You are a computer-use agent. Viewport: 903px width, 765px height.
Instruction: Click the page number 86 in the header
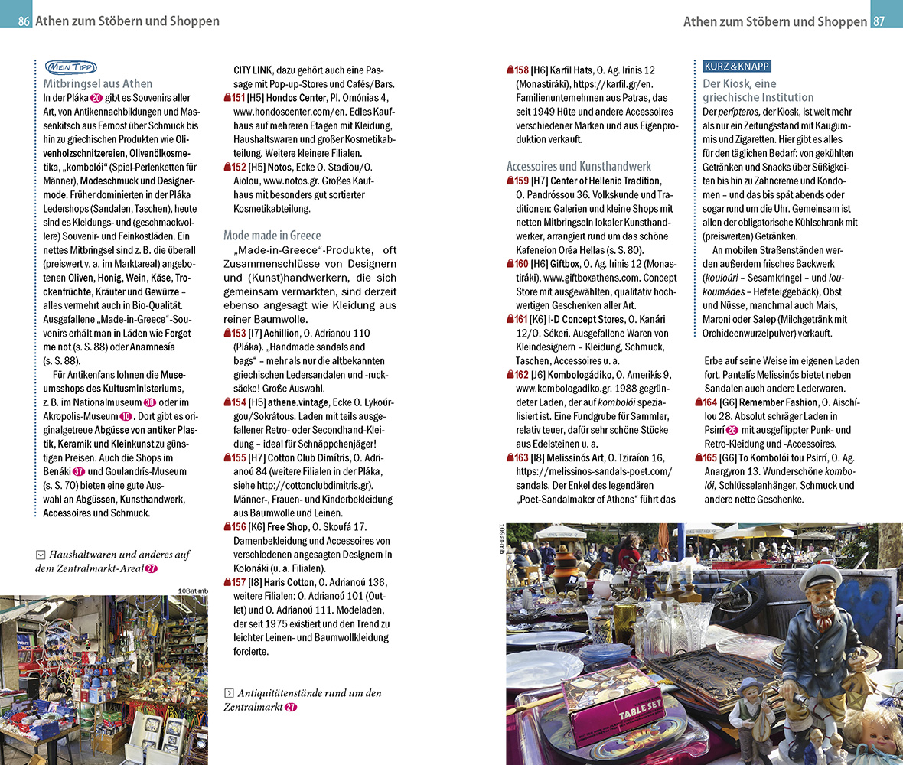click(x=24, y=21)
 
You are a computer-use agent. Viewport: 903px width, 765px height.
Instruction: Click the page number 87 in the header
click(x=879, y=21)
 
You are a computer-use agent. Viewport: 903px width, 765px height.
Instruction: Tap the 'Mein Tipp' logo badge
click(x=70, y=67)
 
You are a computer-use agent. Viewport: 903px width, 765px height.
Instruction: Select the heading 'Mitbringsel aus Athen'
click(x=97, y=83)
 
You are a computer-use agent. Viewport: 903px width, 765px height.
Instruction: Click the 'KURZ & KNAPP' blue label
click(x=736, y=67)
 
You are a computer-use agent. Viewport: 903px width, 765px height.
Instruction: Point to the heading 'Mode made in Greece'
click(x=272, y=235)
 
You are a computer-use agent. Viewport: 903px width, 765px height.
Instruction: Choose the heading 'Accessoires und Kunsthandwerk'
click(x=579, y=165)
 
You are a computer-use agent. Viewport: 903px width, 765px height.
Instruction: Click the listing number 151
click(x=238, y=98)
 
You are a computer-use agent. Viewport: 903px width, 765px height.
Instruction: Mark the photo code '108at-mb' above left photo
click(x=191, y=590)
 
